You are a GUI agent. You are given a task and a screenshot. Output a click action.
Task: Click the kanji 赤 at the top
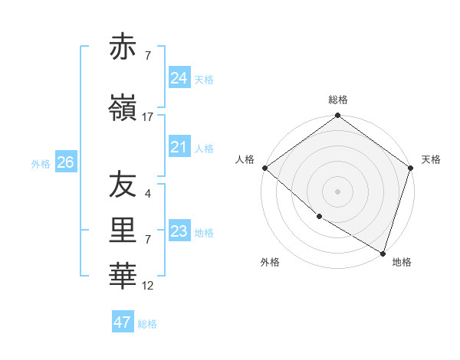(123, 47)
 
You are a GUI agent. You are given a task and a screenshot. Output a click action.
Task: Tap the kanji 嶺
(123, 108)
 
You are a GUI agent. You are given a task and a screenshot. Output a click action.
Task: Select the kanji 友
(123, 185)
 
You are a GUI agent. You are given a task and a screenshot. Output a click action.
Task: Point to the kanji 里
(123, 231)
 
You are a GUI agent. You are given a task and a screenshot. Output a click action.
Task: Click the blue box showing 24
(179, 77)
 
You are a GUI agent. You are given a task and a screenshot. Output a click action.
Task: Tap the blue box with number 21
(179, 147)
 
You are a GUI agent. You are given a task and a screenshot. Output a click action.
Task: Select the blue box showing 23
(179, 231)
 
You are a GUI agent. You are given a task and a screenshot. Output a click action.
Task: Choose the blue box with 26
(65, 162)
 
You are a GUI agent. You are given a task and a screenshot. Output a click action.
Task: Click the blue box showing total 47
(122, 322)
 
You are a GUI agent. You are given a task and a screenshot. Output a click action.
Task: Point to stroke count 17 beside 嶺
(148, 117)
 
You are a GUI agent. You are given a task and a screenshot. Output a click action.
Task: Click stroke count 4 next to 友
(147, 194)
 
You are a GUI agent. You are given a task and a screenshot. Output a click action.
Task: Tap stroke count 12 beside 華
(148, 286)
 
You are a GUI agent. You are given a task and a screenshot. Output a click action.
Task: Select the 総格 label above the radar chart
(338, 100)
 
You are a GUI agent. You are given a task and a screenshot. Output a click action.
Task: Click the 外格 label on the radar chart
(270, 262)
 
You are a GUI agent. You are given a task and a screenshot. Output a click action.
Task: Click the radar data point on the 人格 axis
(264, 168)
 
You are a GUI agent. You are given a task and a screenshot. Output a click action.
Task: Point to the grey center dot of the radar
(337, 191)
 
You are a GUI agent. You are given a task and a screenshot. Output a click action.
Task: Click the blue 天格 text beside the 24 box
(204, 79)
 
